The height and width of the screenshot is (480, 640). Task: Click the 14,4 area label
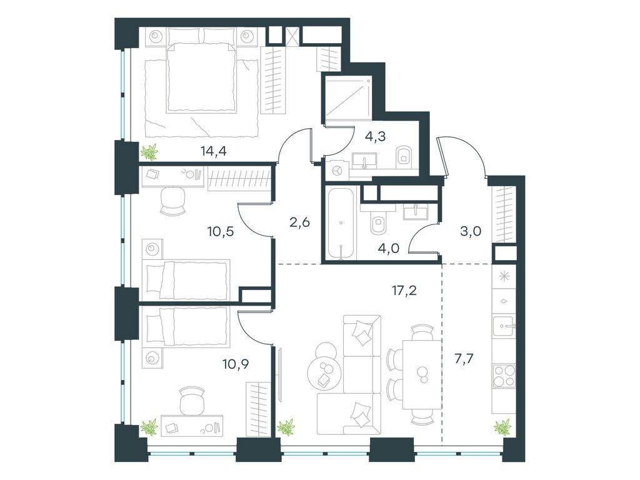tap(214, 151)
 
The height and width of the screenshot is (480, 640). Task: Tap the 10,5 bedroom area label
tap(221, 232)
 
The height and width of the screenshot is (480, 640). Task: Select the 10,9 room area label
tap(236, 363)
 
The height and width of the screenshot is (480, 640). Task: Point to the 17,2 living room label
tap(403, 291)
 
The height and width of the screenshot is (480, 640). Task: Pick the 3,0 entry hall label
tap(471, 231)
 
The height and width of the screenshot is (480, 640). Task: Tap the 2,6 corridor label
tap(300, 222)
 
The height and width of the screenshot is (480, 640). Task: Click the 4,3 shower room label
tap(375, 136)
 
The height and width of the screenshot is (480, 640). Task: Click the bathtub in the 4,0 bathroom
tap(341, 223)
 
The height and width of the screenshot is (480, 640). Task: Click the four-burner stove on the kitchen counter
tap(505, 376)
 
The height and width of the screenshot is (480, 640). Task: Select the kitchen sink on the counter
tap(505, 326)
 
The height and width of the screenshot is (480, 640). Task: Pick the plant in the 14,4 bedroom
tap(150, 152)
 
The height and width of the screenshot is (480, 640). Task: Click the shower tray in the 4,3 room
tap(348, 99)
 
